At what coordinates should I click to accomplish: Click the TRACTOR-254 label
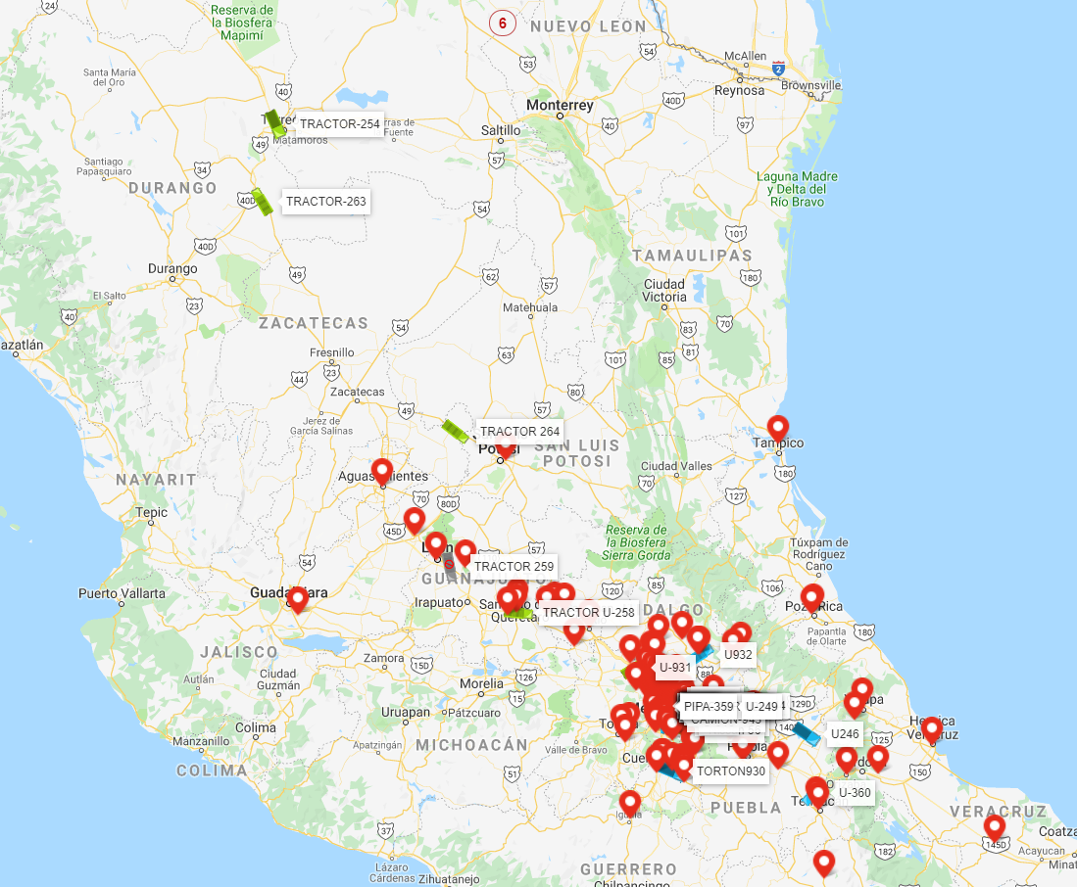339,124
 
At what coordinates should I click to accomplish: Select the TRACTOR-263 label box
325,202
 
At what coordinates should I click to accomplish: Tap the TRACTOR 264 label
519,432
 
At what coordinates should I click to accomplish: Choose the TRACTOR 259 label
514,566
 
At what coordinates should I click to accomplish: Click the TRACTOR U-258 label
589,613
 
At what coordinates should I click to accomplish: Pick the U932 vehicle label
738,654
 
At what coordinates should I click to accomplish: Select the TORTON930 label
730,771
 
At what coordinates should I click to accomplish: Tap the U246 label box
845,733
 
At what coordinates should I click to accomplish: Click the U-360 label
854,792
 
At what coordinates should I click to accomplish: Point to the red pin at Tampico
777,428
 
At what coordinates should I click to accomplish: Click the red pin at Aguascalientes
382,471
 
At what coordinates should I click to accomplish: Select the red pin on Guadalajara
297,599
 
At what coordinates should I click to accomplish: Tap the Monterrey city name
560,106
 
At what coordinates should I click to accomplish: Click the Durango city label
171,268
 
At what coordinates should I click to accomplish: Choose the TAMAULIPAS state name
692,256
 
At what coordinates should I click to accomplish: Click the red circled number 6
503,23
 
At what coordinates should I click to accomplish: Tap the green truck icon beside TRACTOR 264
456,431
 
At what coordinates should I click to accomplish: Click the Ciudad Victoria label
664,291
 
